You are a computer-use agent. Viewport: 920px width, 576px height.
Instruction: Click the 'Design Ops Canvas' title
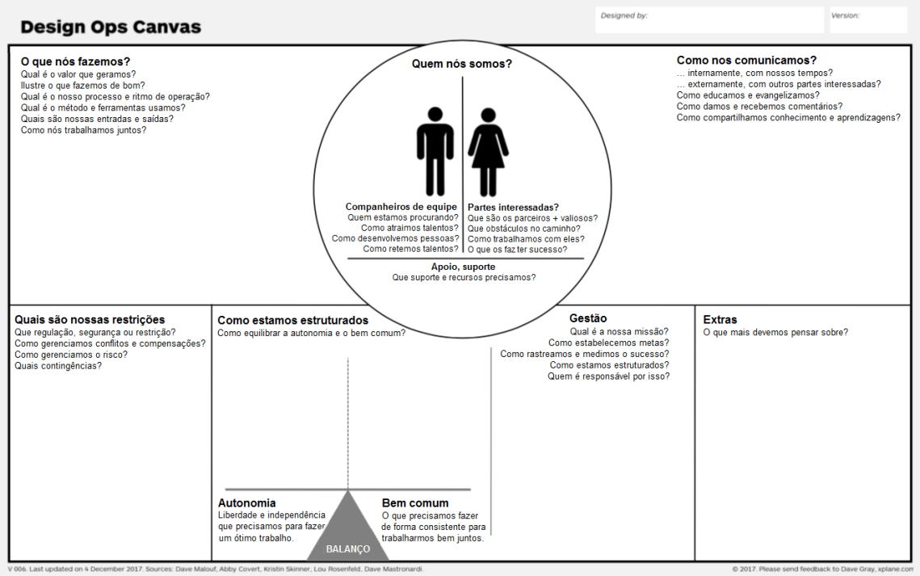coord(111,27)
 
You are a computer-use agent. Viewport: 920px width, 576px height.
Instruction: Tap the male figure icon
coord(435,151)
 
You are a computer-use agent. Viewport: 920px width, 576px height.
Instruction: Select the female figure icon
coord(489,151)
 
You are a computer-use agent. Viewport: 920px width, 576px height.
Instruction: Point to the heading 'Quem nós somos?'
coord(462,64)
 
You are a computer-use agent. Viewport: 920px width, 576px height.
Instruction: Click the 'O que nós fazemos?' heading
coord(75,61)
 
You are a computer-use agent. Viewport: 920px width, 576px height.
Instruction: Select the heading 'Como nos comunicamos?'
coord(746,60)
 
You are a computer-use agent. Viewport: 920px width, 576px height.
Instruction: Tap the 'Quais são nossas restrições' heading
coord(90,320)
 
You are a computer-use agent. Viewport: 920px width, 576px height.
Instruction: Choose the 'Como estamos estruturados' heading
coord(292,321)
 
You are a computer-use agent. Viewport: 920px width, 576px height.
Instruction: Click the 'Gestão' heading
coord(588,318)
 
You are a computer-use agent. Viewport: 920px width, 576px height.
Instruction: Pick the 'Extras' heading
coord(720,320)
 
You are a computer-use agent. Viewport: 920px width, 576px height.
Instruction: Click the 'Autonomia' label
coord(246,503)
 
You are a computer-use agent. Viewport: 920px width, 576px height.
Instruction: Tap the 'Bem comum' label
coord(415,503)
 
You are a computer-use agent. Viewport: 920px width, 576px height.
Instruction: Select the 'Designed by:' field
coord(710,20)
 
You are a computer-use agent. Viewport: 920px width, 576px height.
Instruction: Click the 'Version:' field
coord(868,20)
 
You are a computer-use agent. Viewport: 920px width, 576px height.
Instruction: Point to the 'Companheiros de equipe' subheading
coord(401,207)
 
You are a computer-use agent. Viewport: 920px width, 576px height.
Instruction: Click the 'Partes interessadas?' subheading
coord(513,207)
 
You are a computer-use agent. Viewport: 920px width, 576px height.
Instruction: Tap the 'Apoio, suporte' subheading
coord(463,267)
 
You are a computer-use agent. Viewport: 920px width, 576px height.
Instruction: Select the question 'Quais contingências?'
coord(58,366)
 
